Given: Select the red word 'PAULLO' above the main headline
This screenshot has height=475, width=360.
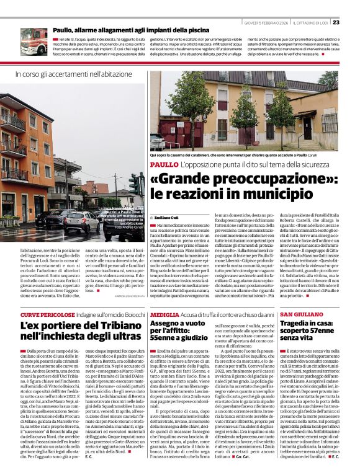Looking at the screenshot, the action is point(164,164).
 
